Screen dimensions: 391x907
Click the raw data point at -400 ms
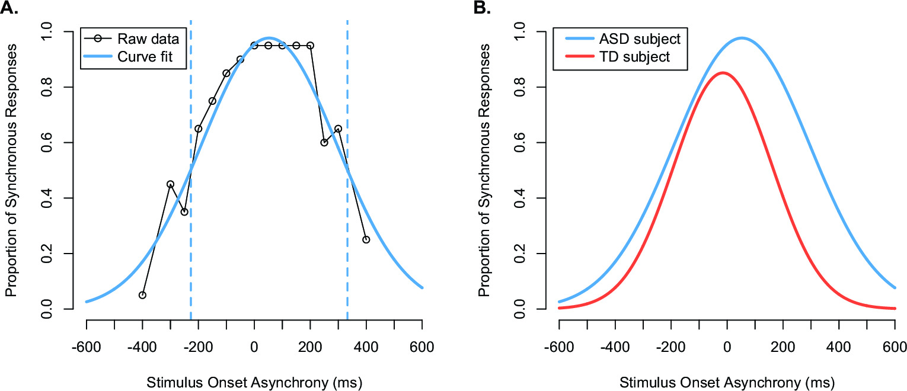pyautogui.click(x=142, y=295)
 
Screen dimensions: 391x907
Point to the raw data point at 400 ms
pyautogui.click(x=366, y=239)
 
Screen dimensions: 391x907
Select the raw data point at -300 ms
pyautogui.click(x=170, y=184)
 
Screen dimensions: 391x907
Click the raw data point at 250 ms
pyautogui.click(x=324, y=142)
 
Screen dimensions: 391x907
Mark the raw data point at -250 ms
pyautogui.click(x=184, y=211)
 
